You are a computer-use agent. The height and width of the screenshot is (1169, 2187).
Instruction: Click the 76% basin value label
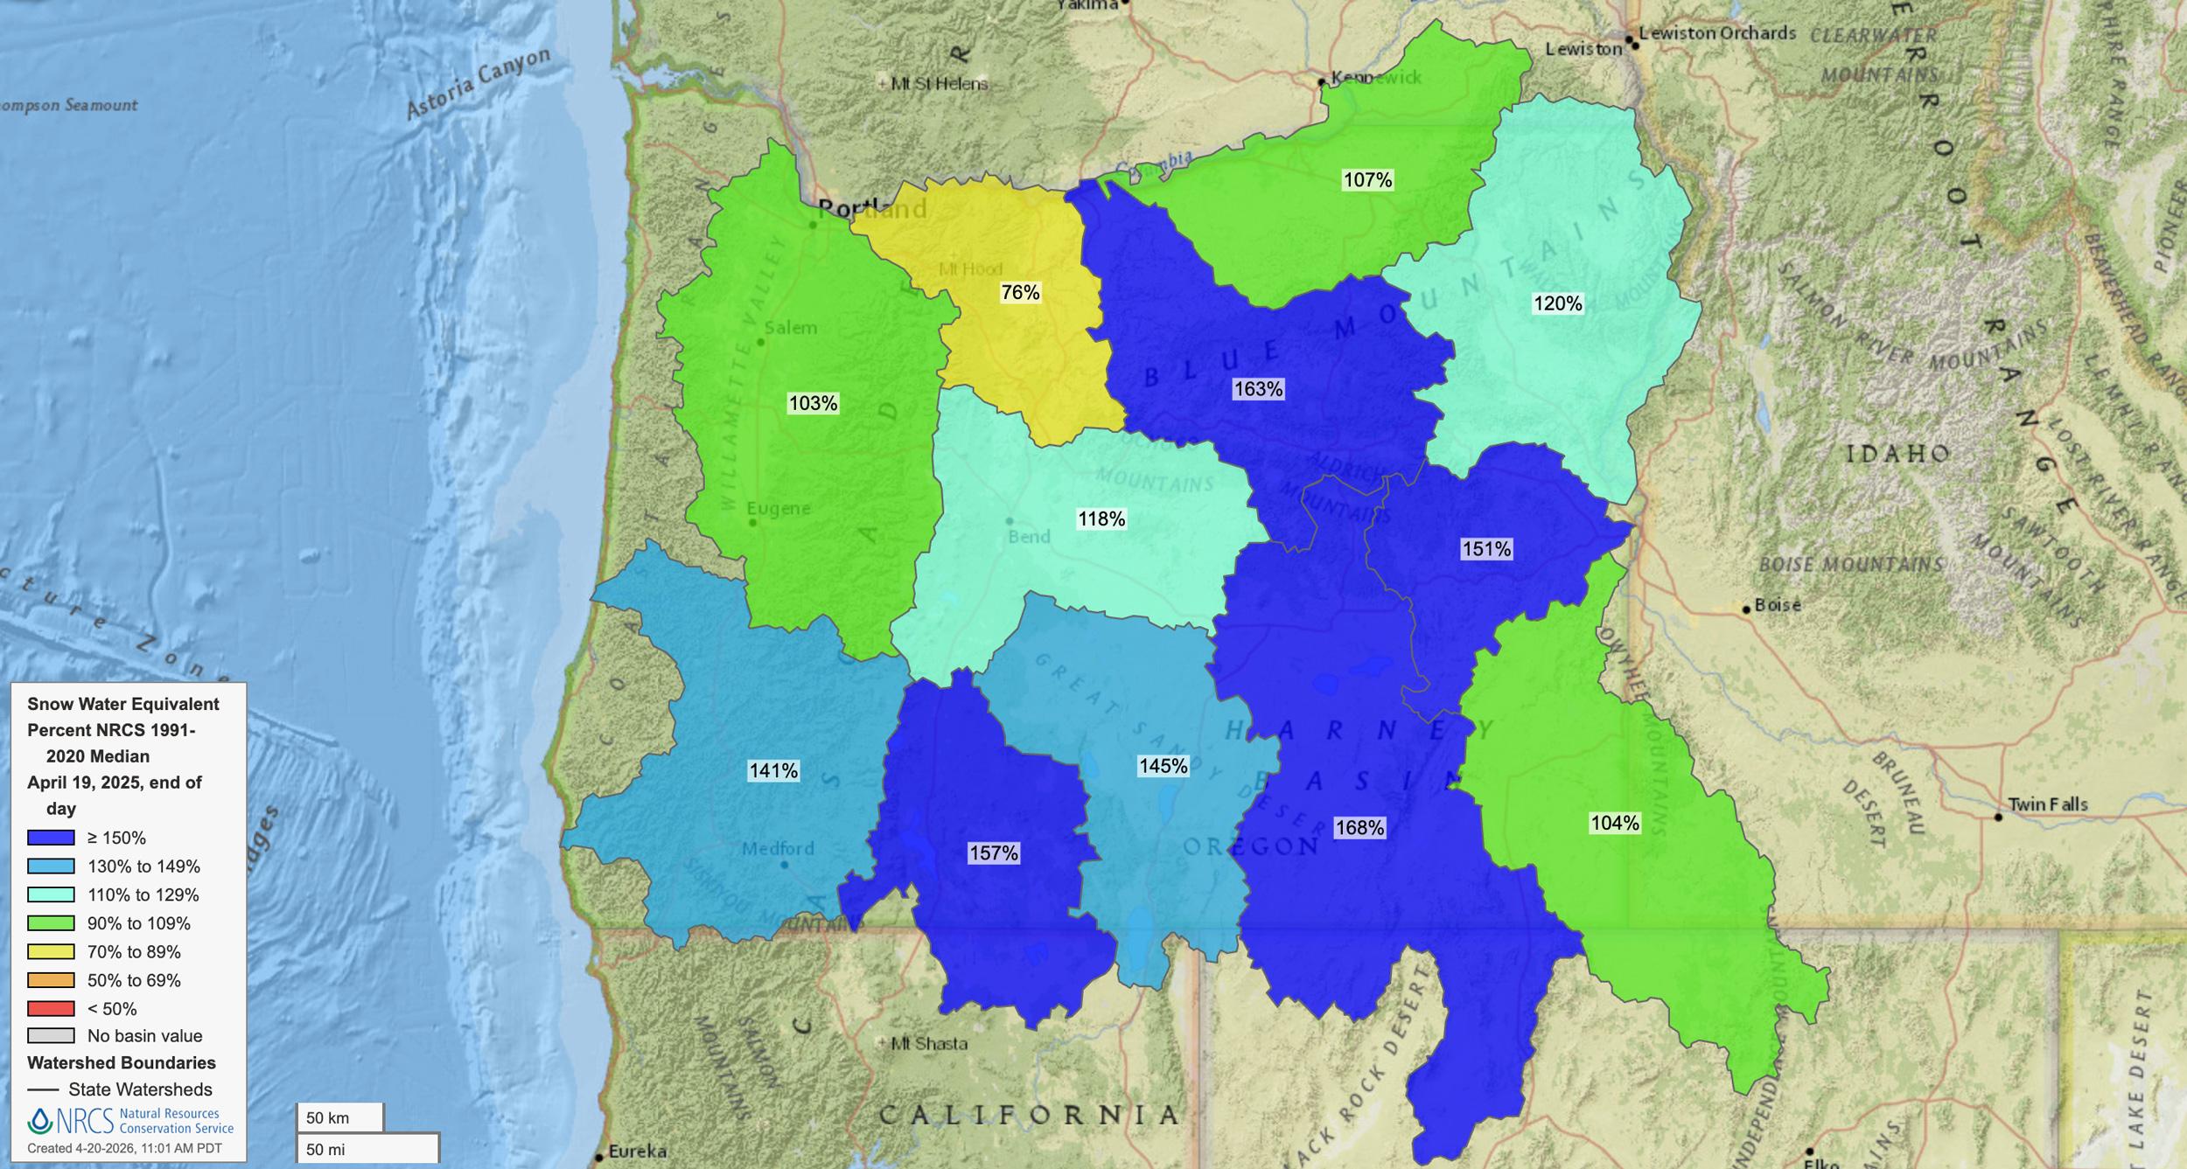pos(1020,293)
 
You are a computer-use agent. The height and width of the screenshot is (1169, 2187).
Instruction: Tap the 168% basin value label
pos(1359,827)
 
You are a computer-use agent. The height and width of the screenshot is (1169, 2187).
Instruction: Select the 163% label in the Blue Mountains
pos(1258,389)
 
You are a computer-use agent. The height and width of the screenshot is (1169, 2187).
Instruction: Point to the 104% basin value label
pos(1615,823)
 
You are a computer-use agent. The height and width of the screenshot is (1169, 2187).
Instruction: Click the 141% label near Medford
pos(773,771)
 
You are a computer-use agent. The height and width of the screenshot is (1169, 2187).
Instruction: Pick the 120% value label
pos(1558,303)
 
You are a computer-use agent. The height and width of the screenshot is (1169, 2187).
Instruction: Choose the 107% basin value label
pos(1367,180)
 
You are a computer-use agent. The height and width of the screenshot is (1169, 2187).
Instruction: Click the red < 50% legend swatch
pos(51,1008)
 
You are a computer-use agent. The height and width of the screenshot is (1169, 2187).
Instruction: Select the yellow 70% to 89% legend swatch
pos(51,951)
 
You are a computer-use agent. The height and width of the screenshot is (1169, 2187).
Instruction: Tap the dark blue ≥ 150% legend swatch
pos(51,838)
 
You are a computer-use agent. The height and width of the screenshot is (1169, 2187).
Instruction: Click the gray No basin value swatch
pos(51,1036)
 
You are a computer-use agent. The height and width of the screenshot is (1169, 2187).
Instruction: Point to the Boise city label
pos(1777,605)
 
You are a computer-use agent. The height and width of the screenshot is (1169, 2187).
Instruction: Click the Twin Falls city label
pos(2047,804)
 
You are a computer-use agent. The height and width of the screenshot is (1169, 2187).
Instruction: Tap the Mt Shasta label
pos(929,1043)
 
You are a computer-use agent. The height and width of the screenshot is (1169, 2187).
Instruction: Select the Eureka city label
pos(637,1151)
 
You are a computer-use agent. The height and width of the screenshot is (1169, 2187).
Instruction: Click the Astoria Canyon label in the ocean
pos(479,83)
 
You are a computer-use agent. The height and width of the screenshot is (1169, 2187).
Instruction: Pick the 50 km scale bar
pos(339,1117)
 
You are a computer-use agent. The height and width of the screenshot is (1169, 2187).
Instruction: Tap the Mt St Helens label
pos(939,84)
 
